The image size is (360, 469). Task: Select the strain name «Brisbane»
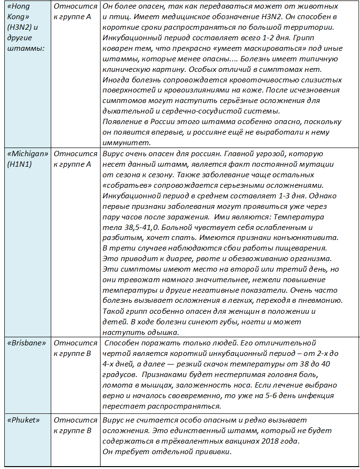27,343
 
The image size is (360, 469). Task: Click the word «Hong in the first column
21,6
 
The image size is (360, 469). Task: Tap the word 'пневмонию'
323,301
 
